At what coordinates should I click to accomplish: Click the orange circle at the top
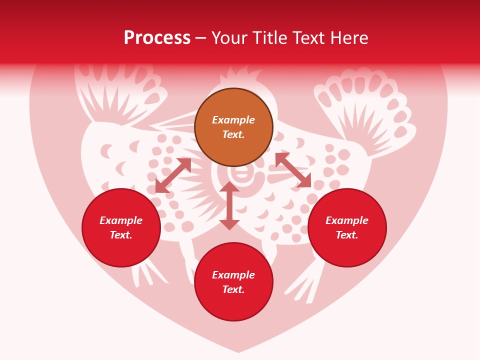[233, 127]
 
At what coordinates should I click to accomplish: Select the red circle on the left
[121, 227]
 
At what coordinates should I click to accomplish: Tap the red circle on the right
[347, 227]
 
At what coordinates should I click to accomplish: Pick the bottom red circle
[233, 282]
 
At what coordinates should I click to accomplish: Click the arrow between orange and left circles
[173, 175]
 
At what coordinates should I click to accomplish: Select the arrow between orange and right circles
[293, 170]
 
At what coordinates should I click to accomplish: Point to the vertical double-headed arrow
[229, 205]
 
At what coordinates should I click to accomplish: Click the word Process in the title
[157, 38]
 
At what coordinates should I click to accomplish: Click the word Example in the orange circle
[233, 120]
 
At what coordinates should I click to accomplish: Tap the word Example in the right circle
[347, 220]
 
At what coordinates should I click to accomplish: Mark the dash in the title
[201, 38]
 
